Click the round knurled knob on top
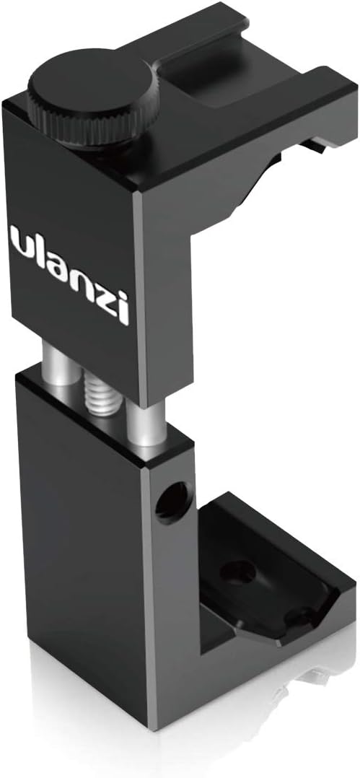(x=93, y=100)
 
